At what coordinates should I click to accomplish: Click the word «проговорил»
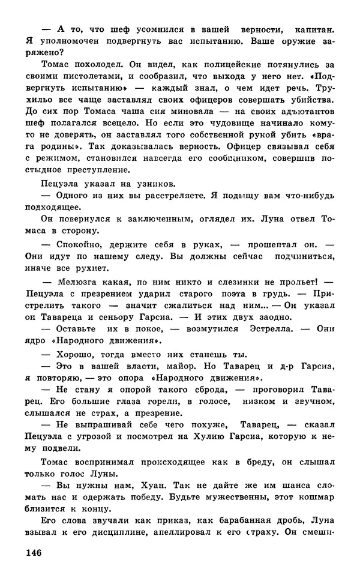275,390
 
